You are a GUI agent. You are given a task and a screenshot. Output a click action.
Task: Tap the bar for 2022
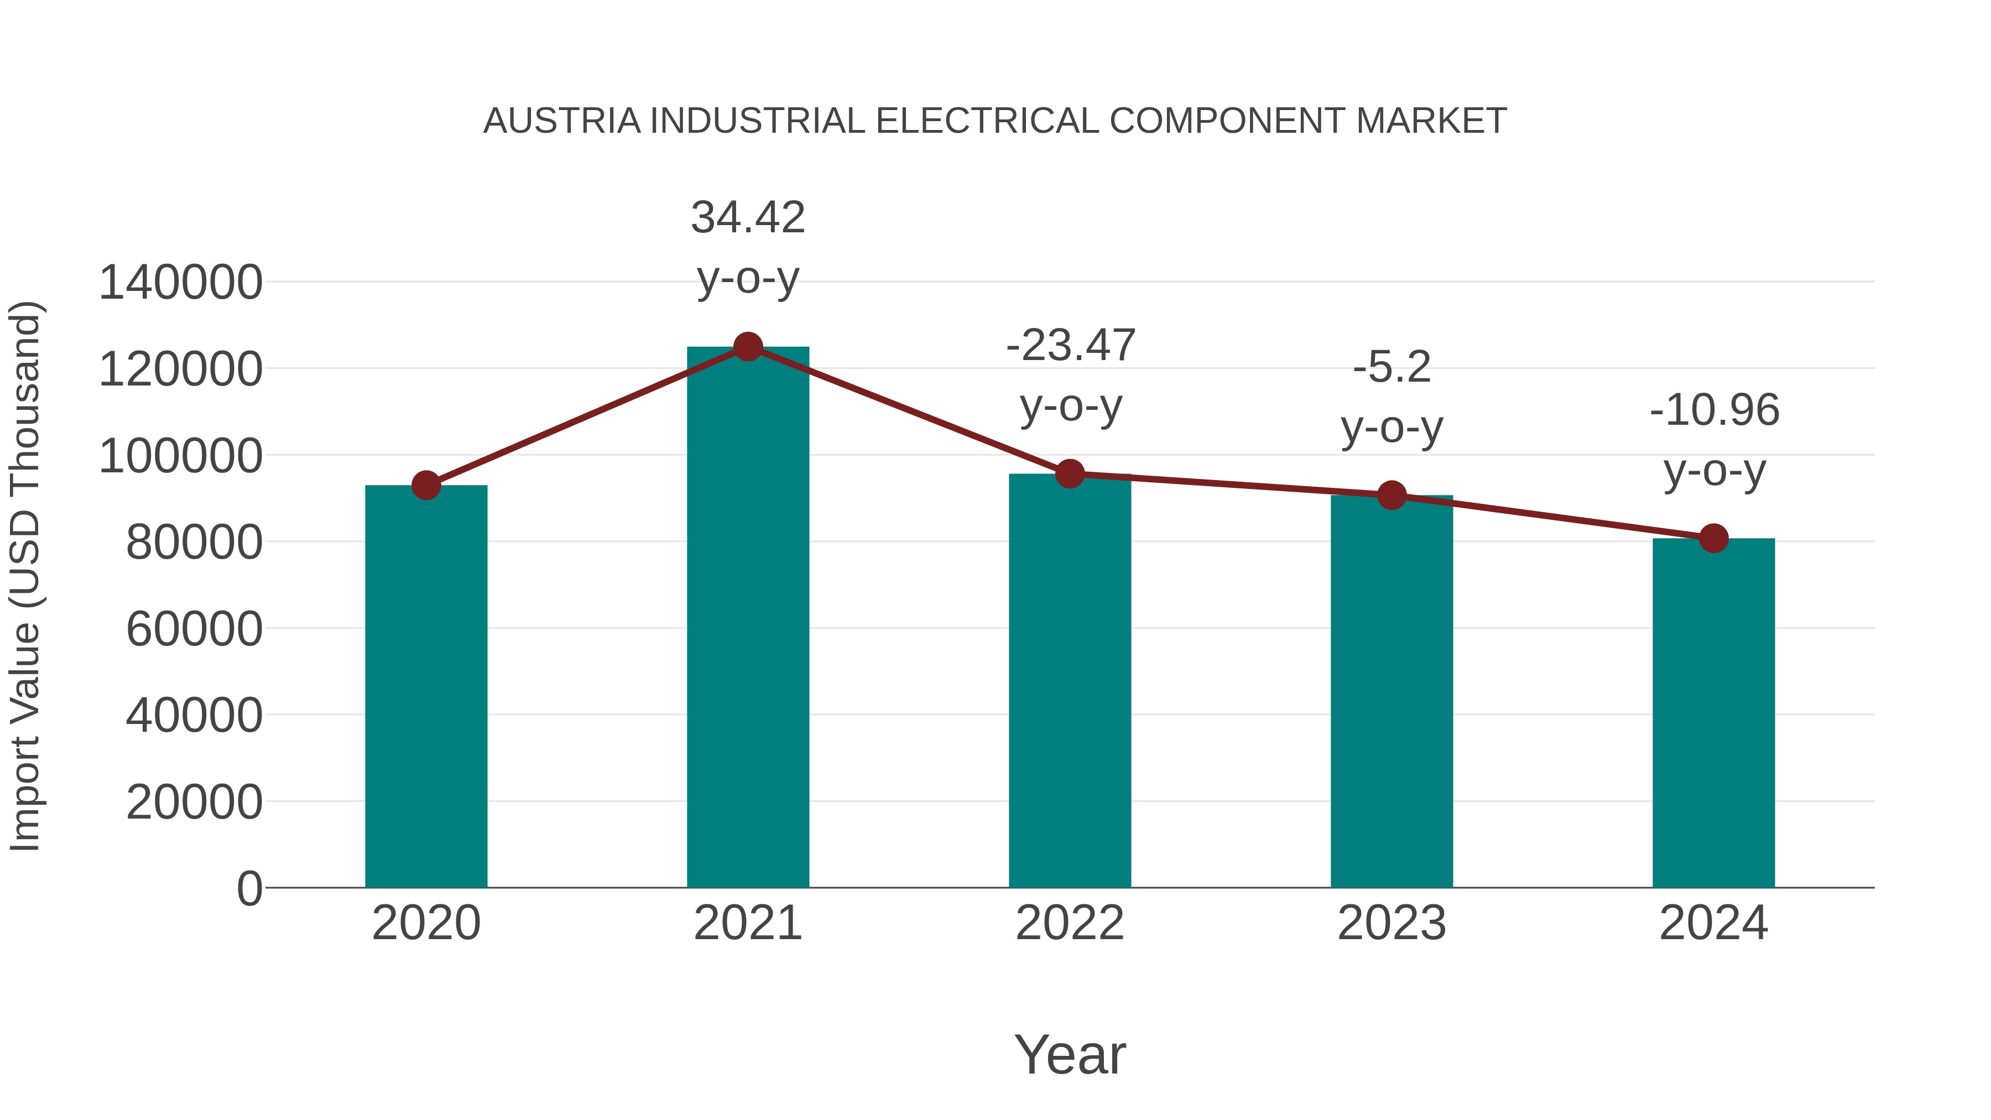1070,680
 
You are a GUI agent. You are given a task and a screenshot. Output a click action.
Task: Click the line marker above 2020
426,486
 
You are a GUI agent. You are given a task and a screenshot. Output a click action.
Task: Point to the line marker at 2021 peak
747,347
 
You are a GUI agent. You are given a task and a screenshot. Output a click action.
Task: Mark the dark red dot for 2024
1713,538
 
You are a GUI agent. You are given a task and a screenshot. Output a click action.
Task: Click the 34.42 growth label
747,218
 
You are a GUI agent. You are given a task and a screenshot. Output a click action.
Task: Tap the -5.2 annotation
1391,367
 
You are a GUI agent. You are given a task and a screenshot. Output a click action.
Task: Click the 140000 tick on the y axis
181,282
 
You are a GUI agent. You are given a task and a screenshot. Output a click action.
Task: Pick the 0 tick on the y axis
249,888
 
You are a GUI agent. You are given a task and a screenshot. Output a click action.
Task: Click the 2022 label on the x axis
1070,923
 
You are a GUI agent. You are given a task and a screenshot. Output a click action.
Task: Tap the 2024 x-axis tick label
1713,923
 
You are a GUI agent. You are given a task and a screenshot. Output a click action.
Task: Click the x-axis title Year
1070,1054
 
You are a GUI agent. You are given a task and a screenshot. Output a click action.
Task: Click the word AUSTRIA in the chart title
562,121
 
